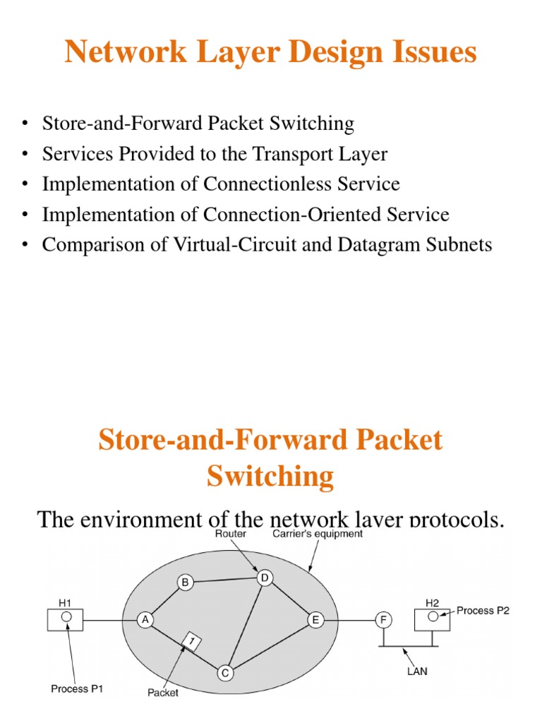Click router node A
click(145, 620)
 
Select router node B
click(186, 582)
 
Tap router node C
click(225, 674)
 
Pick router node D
click(265, 578)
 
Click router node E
click(315, 620)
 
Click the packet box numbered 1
click(191, 641)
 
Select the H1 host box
click(64, 619)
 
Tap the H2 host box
click(432, 619)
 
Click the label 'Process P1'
click(78, 688)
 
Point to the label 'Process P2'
click(483, 610)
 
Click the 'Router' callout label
click(231, 534)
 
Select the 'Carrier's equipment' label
click(318, 534)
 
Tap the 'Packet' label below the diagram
click(163, 693)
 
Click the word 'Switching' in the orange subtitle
click(270, 477)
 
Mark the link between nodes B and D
click(225, 580)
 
